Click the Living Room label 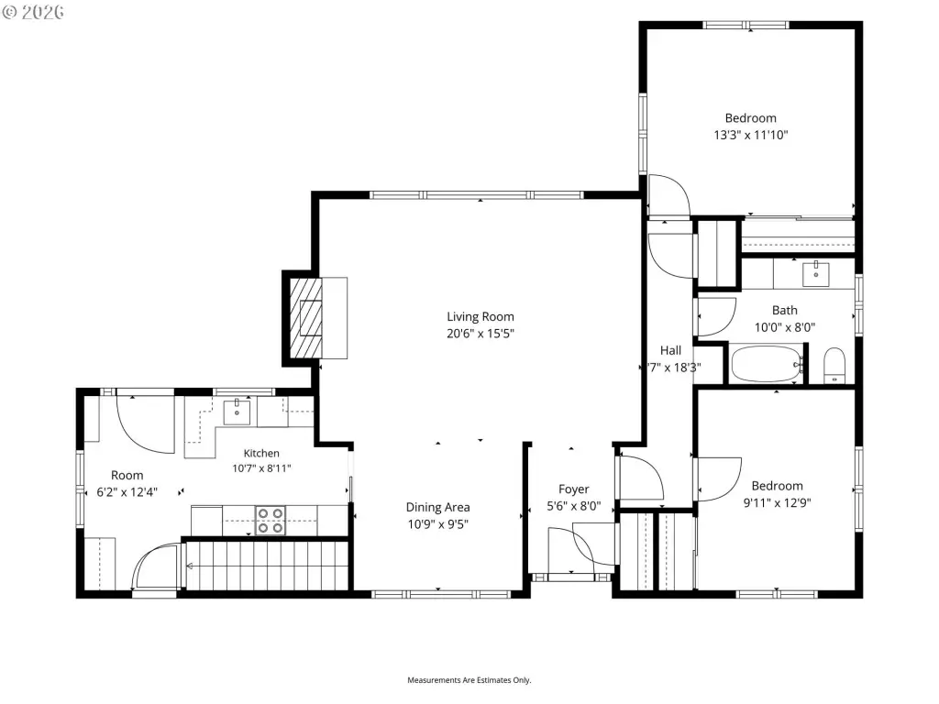click(x=481, y=316)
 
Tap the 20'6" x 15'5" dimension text click(x=481, y=334)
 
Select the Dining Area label click(x=437, y=507)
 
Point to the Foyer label click(x=574, y=489)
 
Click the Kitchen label click(x=261, y=453)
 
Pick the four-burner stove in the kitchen click(x=271, y=521)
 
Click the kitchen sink click(x=238, y=412)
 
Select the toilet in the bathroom click(x=834, y=365)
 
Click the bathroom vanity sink click(x=815, y=273)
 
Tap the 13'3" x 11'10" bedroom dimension click(x=750, y=135)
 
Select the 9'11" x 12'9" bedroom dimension click(x=777, y=503)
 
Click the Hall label click(x=670, y=350)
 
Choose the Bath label click(x=785, y=310)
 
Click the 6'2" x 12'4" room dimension click(x=127, y=492)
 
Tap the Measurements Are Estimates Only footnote click(x=469, y=680)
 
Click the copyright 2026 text click(x=34, y=13)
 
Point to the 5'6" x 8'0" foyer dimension click(x=574, y=506)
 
